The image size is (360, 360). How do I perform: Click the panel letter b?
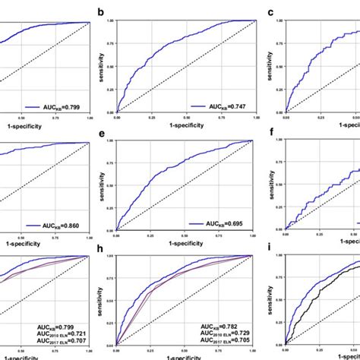pos(100,11)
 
